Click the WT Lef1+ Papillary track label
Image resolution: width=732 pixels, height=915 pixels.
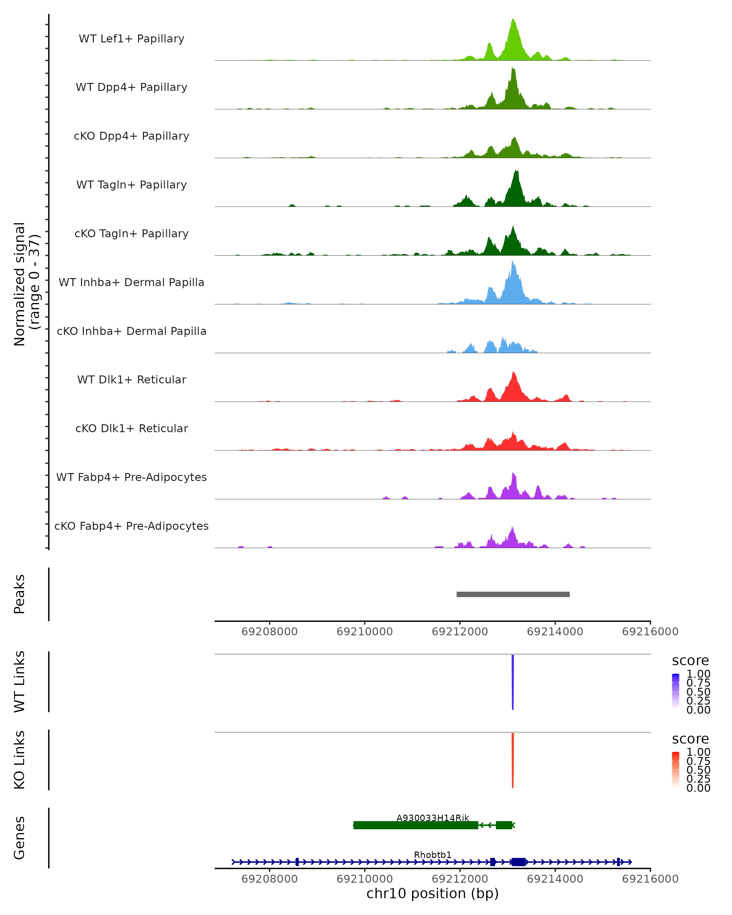coord(131,39)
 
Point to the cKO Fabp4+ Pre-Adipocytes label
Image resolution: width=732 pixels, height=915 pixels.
coord(131,526)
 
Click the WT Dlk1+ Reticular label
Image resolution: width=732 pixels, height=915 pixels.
coord(131,379)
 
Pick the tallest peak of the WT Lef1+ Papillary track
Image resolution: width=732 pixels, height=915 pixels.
coord(513,20)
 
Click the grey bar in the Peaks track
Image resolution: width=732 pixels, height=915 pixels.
coord(513,594)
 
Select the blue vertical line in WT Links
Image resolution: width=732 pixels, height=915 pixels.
coord(513,682)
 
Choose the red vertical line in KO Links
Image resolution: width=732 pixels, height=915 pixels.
coord(513,761)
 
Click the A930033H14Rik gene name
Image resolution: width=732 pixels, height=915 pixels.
coord(433,818)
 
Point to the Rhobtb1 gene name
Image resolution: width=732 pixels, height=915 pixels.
coord(433,855)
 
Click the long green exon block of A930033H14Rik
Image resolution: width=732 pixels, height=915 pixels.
coord(416,825)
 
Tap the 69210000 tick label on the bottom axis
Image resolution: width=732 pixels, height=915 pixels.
coord(364,879)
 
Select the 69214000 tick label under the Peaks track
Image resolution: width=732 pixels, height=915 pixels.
coord(555,632)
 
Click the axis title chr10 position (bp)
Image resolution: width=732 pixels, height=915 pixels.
coord(432,894)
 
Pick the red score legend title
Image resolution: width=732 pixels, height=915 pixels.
coord(691,739)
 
